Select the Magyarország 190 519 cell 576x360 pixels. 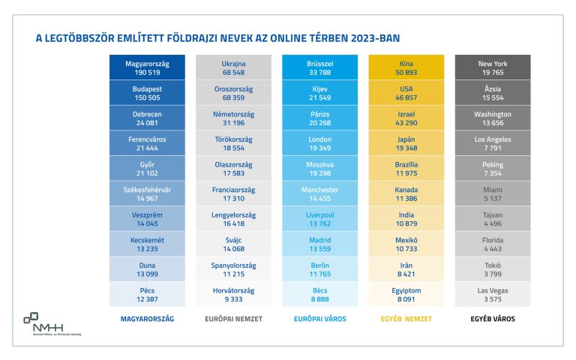147,67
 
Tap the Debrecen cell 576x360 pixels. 147,118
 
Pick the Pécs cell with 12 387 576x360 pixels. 147,294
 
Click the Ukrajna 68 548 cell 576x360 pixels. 233,67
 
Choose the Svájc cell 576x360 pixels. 233,244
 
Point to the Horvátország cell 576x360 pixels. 233,294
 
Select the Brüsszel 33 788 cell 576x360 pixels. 319,67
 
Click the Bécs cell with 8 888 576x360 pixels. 319,294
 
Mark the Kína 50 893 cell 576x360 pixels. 406,67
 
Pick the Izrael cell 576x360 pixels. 406,118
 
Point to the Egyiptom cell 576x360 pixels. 406,294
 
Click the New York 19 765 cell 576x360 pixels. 492,67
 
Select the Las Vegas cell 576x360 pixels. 492,294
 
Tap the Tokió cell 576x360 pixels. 492,268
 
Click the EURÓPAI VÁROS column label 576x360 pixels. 319,319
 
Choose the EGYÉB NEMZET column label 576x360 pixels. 406,319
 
